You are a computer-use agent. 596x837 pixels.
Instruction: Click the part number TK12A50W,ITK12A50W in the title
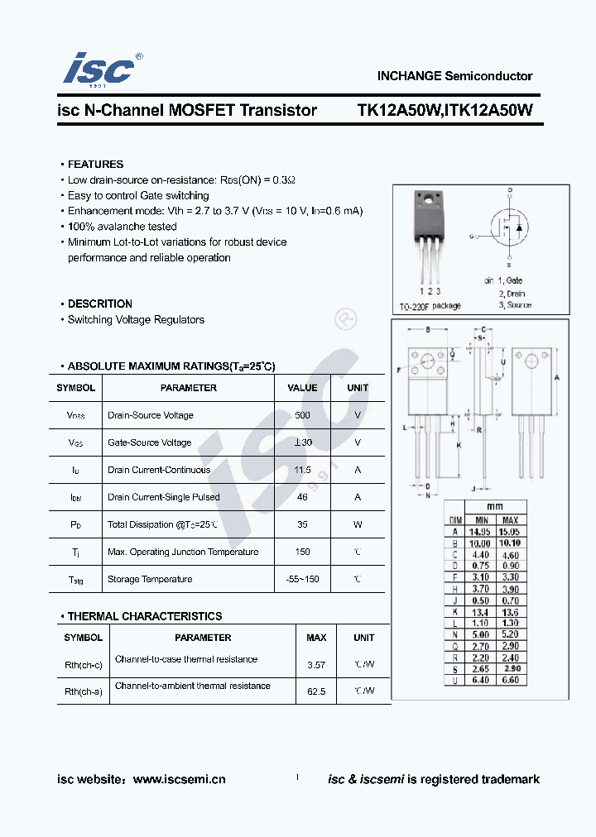coord(445,110)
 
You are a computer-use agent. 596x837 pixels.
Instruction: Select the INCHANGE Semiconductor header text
coord(454,75)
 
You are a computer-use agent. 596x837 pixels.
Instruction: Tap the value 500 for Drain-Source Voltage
coord(302,415)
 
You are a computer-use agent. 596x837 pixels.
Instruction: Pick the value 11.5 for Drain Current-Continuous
coord(302,470)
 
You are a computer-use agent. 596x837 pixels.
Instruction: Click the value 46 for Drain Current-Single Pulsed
coord(302,497)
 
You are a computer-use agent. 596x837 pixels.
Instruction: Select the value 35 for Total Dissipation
coord(302,524)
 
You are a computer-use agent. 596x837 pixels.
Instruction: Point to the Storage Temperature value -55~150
coord(302,579)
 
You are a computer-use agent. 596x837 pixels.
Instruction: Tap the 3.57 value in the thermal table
coord(316,664)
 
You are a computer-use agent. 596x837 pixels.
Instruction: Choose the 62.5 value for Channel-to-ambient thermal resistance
coord(316,691)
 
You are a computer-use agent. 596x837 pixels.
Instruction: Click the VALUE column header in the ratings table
coord(302,388)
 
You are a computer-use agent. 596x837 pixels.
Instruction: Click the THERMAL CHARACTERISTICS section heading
coord(144,616)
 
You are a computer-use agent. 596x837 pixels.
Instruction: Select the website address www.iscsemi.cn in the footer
coord(179,779)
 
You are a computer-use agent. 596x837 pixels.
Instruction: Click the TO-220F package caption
coord(430,306)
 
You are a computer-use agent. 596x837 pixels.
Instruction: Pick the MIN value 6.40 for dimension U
coord(480,680)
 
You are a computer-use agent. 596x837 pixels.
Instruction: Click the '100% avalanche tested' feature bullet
coord(122,227)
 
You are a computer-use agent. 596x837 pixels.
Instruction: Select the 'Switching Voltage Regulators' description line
coord(136,320)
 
